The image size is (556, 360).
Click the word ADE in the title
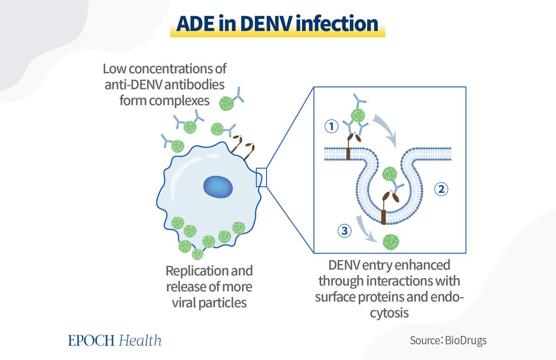(195, 24)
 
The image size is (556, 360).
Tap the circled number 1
(331, 126)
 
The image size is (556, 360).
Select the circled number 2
(441, 189)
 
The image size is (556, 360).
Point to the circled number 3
(345, 231)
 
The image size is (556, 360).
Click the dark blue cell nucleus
(218, 187)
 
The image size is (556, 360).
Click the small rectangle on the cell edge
(261, 177)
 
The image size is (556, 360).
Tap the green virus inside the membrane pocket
(390, 174)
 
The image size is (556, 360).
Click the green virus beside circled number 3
(391, 242)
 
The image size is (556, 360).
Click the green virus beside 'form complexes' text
(227, 103)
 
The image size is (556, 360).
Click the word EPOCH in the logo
(91, 341)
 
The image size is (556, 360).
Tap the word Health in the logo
(140, 340)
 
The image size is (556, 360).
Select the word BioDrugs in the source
(466, 341)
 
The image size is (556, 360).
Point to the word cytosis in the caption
(389, 313)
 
